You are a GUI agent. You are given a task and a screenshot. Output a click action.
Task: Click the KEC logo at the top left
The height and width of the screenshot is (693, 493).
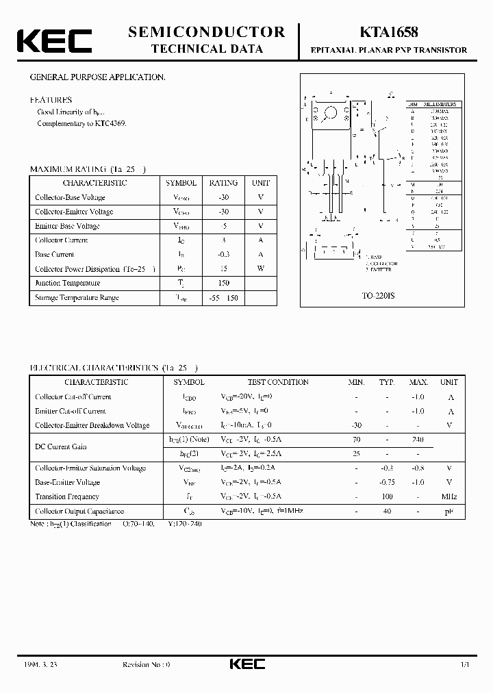tap(54, 40)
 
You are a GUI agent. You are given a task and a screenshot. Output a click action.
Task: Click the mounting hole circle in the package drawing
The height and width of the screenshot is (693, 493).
tap(331, 112)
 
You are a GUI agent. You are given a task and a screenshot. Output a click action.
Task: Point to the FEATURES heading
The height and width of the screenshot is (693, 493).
tap(51, 99)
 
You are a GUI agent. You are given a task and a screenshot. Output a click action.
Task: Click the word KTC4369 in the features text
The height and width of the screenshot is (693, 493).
tap(111, 124)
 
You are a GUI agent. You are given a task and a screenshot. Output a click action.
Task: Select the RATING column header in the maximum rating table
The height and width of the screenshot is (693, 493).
tap(223, 183)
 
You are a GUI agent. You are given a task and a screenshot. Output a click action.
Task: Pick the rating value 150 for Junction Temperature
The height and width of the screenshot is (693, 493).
tap(223, 283)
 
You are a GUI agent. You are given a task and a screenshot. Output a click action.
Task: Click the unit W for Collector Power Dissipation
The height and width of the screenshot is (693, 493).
tap(261, 268)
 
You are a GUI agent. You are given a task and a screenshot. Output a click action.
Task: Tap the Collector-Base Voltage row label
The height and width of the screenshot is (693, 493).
tap(70, 197)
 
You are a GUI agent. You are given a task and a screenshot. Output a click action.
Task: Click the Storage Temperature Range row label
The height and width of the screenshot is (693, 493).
tap(77, 297)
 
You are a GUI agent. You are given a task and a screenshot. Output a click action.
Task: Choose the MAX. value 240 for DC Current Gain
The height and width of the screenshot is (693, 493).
tap(418, 440)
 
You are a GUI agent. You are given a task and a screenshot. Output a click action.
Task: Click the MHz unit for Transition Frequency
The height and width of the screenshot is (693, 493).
tap(449, 496)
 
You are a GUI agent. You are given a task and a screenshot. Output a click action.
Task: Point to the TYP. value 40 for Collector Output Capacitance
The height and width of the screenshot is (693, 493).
tap(387, 511)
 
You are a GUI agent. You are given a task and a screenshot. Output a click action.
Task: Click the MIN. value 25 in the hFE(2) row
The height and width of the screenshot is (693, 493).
tap(356, 453)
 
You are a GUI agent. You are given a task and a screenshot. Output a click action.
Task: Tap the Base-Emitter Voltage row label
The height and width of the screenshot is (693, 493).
tap(67, 482)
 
